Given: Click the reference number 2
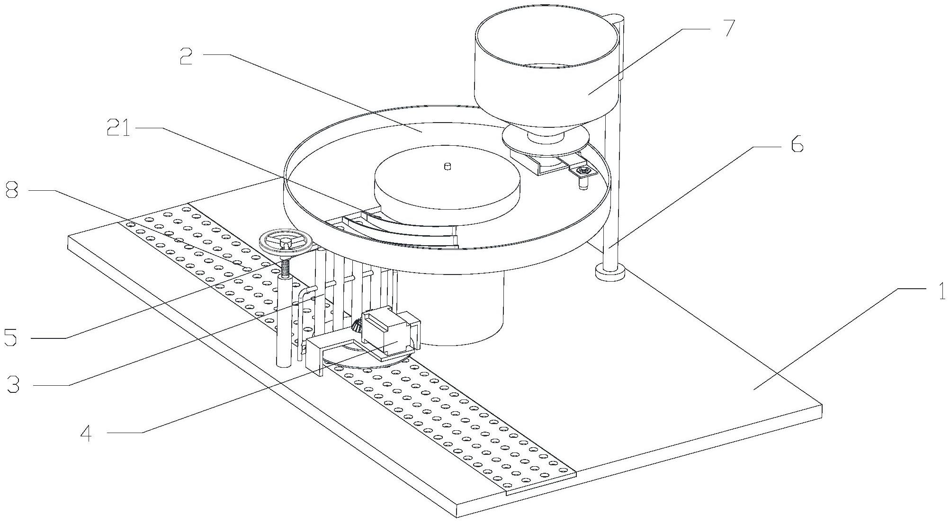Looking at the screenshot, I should pyautogui.click(x=186, y=56).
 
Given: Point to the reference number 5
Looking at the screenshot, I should pyautogui.click(x=11, y=337).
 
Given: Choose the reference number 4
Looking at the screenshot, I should pyautogui.click(x=86, y=433).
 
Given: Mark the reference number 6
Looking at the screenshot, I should pyautogui.click(x=797, y=143).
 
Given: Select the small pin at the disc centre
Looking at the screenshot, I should pyautogui.click(x=447, y=166).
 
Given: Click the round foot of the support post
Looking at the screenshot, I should pyautogui.click(x=609, y=273).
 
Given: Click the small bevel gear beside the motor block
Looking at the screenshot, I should pyautogui.click(x=357, y=325).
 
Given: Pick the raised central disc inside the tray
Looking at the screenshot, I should pyautogui.click(x=446, y=180).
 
